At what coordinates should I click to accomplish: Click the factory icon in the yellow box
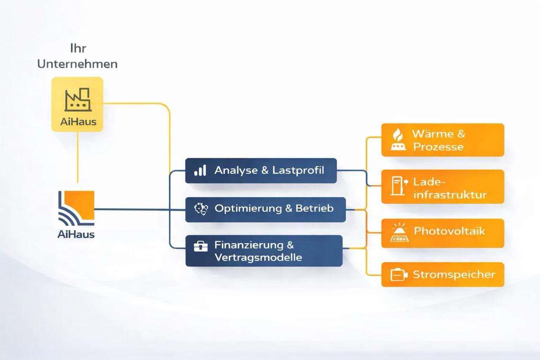[x=77, y=100]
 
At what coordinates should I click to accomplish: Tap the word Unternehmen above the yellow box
[x=77, y=64]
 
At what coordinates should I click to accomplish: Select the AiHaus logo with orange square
[x=76, y=208]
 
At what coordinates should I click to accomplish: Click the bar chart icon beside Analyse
[x=200, y=171]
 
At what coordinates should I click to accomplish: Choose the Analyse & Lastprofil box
[x=261, y=171]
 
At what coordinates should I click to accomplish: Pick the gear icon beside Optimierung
[x=200, y=208]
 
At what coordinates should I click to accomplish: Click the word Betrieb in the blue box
[x=314, y=208]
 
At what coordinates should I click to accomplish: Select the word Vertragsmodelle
[x=258, y=257]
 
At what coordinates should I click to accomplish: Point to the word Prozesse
[x=438, y=147]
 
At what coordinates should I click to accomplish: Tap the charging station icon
[x=398, y=186]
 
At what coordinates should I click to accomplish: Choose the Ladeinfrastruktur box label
[x=450, y=188]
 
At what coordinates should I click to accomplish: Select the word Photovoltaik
[x=449, y=231]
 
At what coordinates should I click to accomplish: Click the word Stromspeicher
[x=454, y=275]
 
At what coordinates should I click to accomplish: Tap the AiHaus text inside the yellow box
[x=78, y=122]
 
